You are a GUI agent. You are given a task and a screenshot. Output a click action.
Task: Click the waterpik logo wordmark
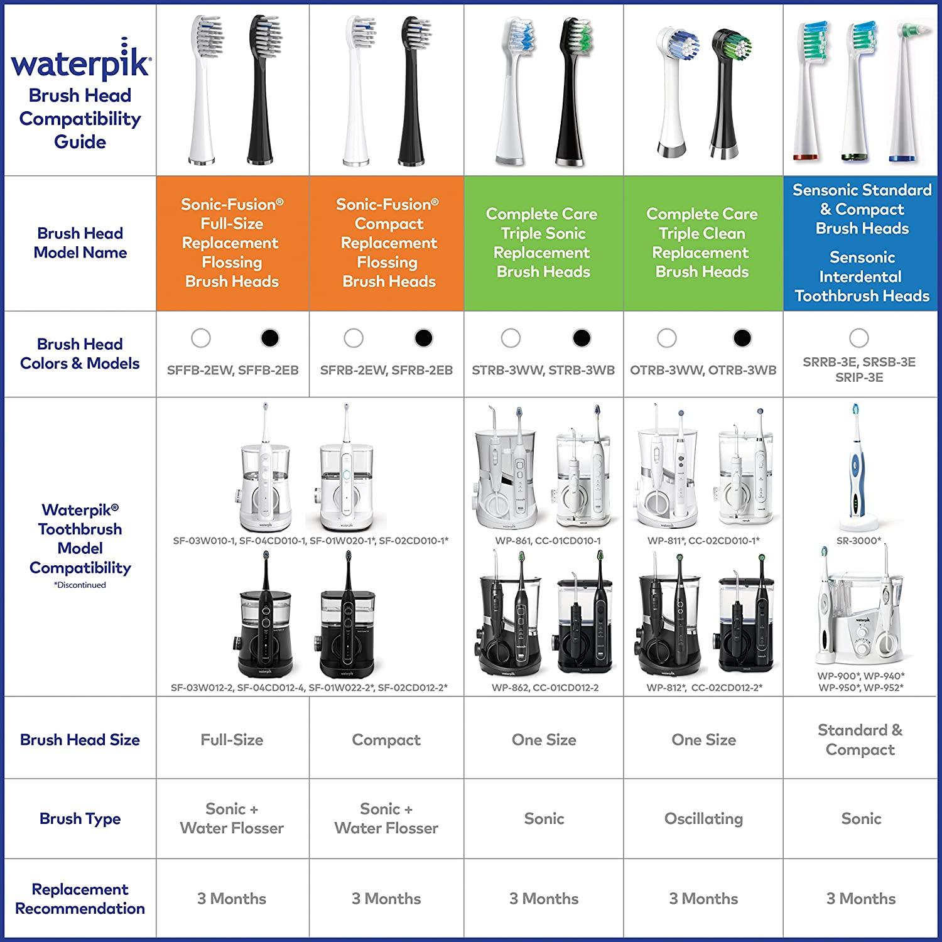tap(80, 63)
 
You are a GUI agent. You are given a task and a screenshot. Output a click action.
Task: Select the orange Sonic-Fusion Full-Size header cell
tap(232, 243)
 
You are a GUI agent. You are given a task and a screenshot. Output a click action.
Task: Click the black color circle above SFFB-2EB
tap(269, 338)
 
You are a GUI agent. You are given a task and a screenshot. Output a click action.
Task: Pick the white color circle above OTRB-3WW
tap(666, 338)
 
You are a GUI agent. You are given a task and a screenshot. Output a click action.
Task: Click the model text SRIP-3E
tap(859, 377)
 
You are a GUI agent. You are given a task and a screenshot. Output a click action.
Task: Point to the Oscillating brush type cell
tap(703, 818)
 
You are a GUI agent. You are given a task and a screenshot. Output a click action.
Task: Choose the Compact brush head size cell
tap(386, 740)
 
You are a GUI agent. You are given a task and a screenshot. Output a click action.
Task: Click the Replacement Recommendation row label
tap(80, 899)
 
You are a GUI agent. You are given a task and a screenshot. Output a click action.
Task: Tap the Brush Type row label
tap(80, 818)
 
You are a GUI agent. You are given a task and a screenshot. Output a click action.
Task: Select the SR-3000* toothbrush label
tap(858, 541)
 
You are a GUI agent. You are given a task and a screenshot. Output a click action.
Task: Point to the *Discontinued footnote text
tap(80, 585)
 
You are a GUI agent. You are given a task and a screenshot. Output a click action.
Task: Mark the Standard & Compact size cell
tap(860, 740)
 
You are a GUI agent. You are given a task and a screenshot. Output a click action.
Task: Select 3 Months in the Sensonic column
tap(860, 899)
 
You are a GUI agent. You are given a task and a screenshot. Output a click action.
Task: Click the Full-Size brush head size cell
tap(232, 740)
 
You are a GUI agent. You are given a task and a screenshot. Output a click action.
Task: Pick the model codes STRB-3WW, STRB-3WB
tap(543, 371)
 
